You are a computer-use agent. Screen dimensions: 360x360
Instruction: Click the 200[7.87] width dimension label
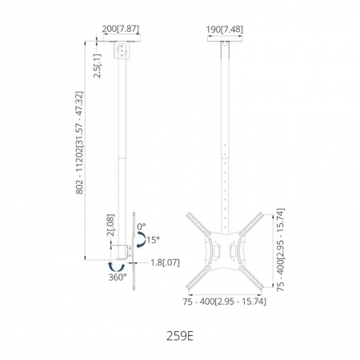click(x=121, y=29)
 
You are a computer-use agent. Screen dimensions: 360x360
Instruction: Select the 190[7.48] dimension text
click(x=225, y=30)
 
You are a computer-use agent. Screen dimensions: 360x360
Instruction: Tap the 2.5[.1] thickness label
click(x=98, y=66)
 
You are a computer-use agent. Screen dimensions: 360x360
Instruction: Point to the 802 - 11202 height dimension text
click(x=80, y=142)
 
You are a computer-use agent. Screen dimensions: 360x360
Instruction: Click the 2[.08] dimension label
click(x=110, y=225)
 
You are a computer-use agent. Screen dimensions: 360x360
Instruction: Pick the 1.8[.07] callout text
click(x=165, y=262)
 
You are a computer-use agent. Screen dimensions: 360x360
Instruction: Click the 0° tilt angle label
click(x=142, y=226)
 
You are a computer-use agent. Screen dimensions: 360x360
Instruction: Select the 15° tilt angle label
click(x=153, y=240)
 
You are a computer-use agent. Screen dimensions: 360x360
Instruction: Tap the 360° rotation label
click(x=118, y=278)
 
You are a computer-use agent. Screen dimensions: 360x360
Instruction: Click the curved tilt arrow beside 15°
click(x=144, y=239)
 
